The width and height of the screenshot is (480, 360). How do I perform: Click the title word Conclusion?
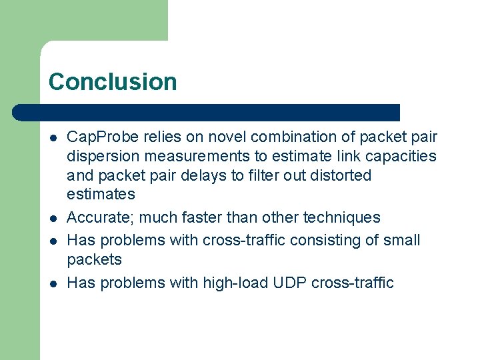pos(113,82)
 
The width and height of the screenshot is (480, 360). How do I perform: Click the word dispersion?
pos(102,157)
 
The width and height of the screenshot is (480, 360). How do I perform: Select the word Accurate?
pos(101,218)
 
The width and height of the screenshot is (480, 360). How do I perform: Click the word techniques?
pos(342,218)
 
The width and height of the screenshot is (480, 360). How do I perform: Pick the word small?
pos(401,239)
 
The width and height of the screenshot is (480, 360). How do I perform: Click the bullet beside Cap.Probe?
pos(52,138)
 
